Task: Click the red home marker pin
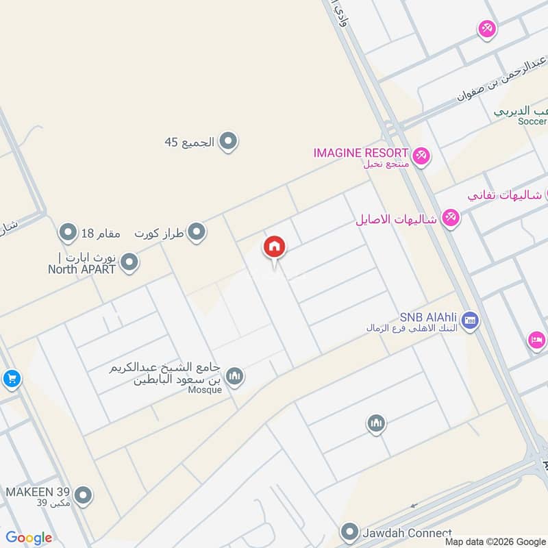274,247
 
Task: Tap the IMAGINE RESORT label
361,152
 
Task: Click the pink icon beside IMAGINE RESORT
421,156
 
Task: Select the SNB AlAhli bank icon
470,320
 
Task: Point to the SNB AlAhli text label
429,318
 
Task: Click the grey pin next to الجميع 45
229,142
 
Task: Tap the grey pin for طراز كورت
197,232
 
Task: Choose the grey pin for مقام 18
67,233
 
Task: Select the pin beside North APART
129,262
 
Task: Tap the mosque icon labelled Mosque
235,376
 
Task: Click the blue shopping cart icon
11,378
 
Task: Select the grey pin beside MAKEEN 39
83,495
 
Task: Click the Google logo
29,538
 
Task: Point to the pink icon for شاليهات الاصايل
450,219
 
